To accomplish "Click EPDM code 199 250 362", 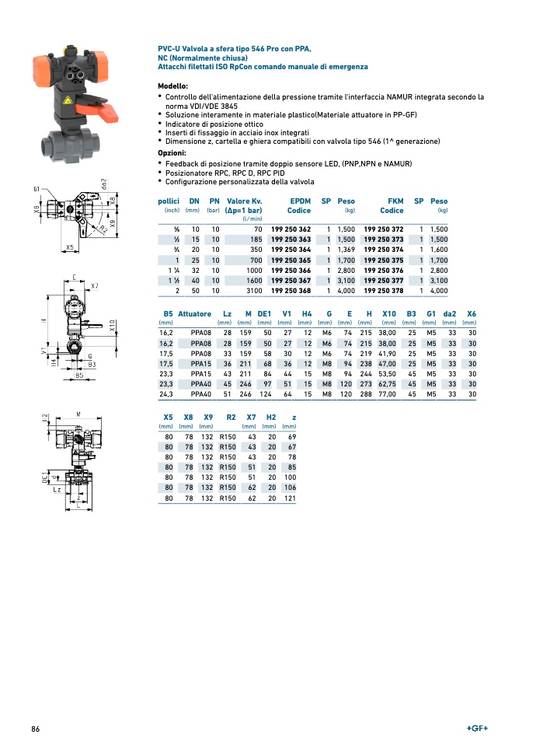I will pos(291,229).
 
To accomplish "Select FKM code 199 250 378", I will pos(384,291).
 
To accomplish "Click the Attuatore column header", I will pos(194,314).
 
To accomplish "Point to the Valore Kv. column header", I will pos(243,201).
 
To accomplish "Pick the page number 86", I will pos(36,729).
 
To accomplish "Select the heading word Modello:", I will pos(173,86).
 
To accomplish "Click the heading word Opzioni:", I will pos(172,153).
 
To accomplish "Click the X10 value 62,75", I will pos(387,384).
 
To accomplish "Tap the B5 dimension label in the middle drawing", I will pos(78,376).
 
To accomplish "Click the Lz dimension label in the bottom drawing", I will pos(57,490).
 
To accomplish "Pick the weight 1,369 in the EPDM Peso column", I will pos(346,250).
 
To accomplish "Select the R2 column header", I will pos(231,418).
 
